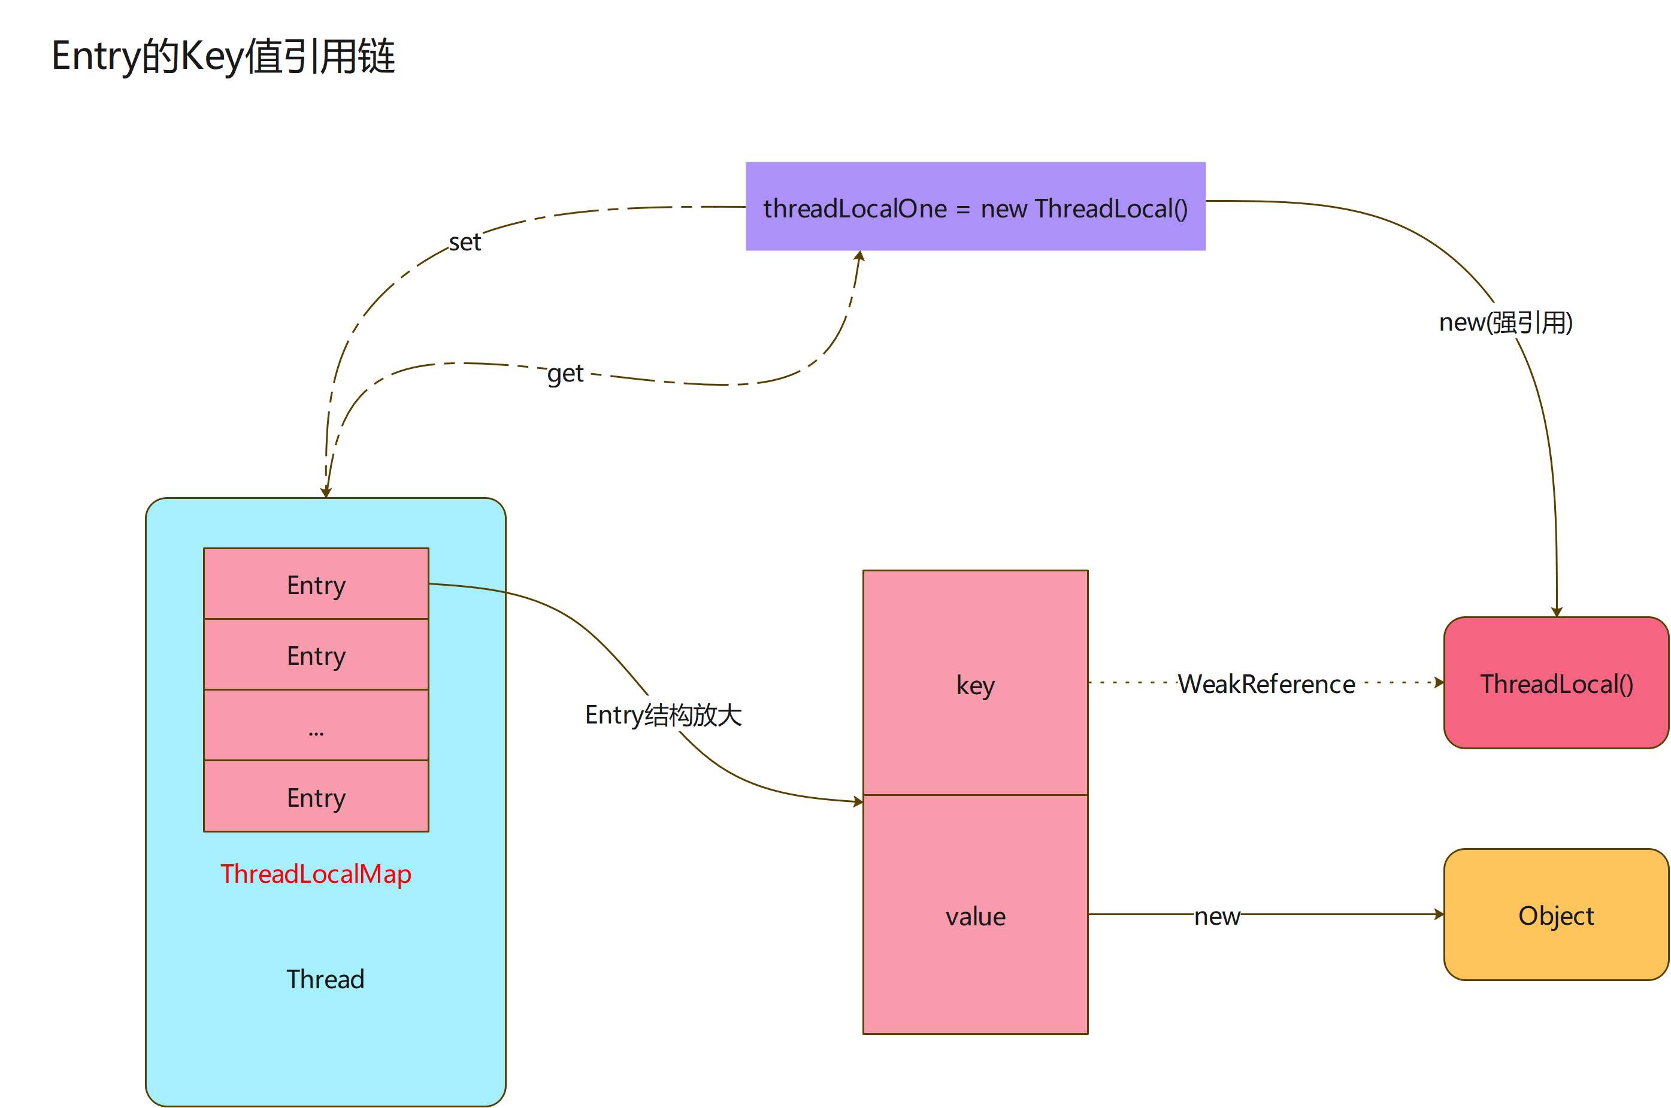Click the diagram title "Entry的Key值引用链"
coord(223,56)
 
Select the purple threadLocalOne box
coord(975,207)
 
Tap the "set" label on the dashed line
coord(465,243)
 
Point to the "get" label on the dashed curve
coord(565,373)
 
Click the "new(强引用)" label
coord(1506,322)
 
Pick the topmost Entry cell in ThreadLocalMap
coord(316,585)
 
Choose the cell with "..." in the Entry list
coord(316,726)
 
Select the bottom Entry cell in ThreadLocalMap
coord(316,797)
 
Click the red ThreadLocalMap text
coord(316,874)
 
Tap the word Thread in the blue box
coord(325,979)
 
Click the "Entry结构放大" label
coord(663,715)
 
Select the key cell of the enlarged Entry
coord(975,683)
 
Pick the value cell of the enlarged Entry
coord(975,916)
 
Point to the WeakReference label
coord(1266,684)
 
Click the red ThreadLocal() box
coord(1556,683)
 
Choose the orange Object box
coord(1556,915)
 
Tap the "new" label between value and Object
coord(1216,916)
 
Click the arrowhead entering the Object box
coord(1439,915)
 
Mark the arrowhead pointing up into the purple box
coord(860,256)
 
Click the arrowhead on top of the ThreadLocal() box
coord(1557,611)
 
